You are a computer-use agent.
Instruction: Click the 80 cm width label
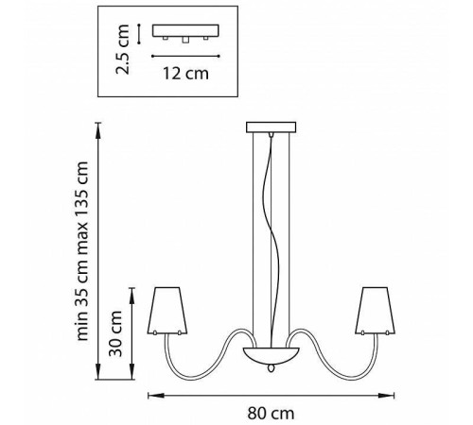click(x=271, y=413)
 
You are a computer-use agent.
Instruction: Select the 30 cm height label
click(x=115, y=333)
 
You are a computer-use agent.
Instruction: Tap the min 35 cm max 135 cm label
click(x=81, y=251)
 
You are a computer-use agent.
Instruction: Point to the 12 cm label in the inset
click(x=185, y=74)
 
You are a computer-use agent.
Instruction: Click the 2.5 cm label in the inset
click(x=122, y=49)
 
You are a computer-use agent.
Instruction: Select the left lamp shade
click(x=167, y=311)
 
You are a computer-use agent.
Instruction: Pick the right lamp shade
click(x=375, y=311)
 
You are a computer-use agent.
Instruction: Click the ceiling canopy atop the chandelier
click(x=271, y=127)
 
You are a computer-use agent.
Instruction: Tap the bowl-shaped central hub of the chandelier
click(x=272, y=355)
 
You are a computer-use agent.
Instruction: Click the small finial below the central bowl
click(x=271, y=367)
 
